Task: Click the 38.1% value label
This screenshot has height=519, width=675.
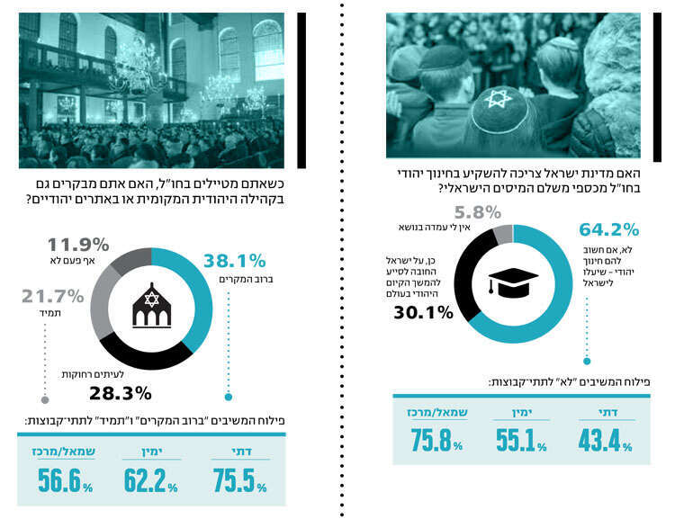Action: (235, 262)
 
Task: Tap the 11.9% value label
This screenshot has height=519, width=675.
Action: (78, 243)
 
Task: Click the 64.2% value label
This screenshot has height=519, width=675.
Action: (609, 229)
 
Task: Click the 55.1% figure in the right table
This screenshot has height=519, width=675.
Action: (522, 442)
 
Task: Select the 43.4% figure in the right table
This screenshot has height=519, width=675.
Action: (604, 442)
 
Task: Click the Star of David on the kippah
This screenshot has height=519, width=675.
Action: (499, 97)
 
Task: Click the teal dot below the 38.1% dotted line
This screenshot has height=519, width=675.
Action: (229, 396)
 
